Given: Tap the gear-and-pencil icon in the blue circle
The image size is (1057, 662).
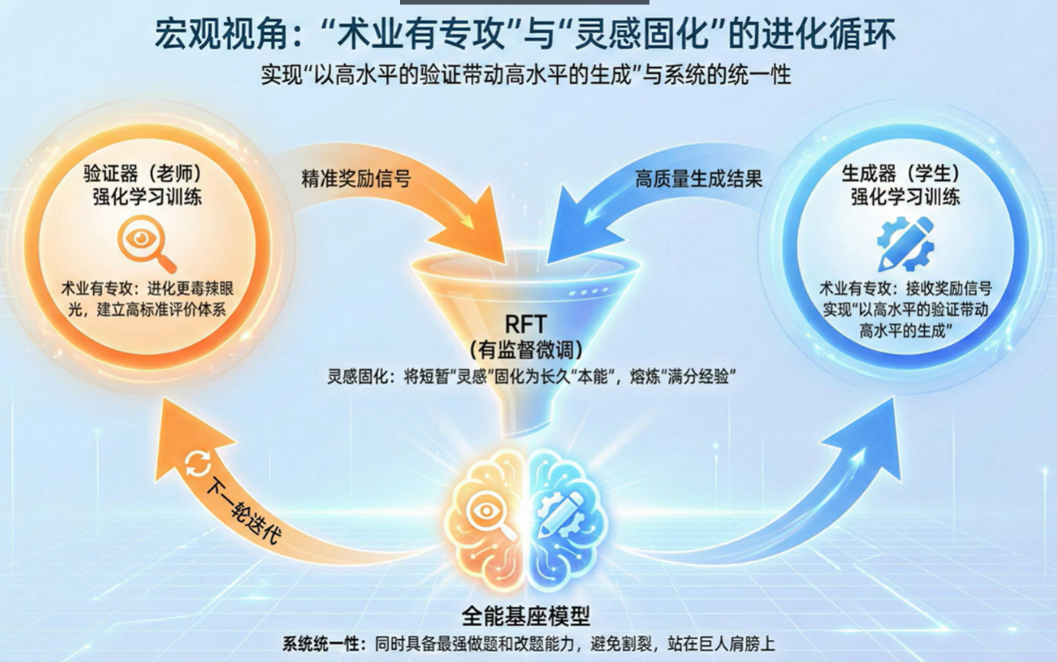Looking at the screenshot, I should click(905, 243).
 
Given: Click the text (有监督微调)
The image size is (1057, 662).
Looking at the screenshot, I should click(527, 350).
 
